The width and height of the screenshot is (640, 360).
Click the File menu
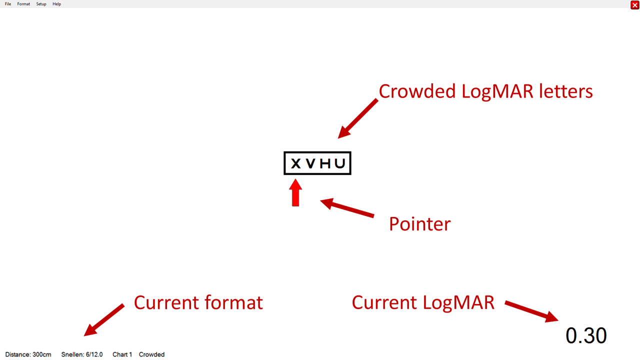click(x=8, y=4)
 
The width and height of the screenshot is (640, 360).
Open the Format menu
click(x=23, y=4)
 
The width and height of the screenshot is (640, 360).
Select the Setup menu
click(x=41, y=4)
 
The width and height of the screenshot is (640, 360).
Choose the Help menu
click(x=56, y=4)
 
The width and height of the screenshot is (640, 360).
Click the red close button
click(x=634, y=5)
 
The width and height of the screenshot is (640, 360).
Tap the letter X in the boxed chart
click(x=295, y=163)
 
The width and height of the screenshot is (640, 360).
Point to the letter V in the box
click(x=310, y=163)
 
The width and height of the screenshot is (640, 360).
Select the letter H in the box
click(x=325, y=163)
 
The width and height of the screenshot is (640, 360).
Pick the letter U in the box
click(x=340, y=163)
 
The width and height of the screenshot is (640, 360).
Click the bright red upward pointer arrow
click(x=295, y=193)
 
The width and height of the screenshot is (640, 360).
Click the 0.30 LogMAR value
click(x=586, y=335)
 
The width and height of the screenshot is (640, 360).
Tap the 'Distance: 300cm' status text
click(x=28, y=354)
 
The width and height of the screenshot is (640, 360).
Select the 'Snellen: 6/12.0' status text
click(x=82, y=354)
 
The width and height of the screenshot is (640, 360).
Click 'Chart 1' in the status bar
click(x=122, y=354)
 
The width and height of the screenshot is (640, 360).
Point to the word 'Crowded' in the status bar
click(x=151, y=354)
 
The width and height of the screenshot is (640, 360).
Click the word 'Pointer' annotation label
click(x=419, y=223)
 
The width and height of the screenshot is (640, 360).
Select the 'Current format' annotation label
click(x=198, y=302)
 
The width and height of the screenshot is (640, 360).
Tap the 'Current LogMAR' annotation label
click(x=423, y=302)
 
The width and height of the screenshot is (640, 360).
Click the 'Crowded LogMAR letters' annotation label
click(x=485, y=91)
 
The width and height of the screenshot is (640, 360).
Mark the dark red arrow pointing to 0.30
click(x=531, y=311)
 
